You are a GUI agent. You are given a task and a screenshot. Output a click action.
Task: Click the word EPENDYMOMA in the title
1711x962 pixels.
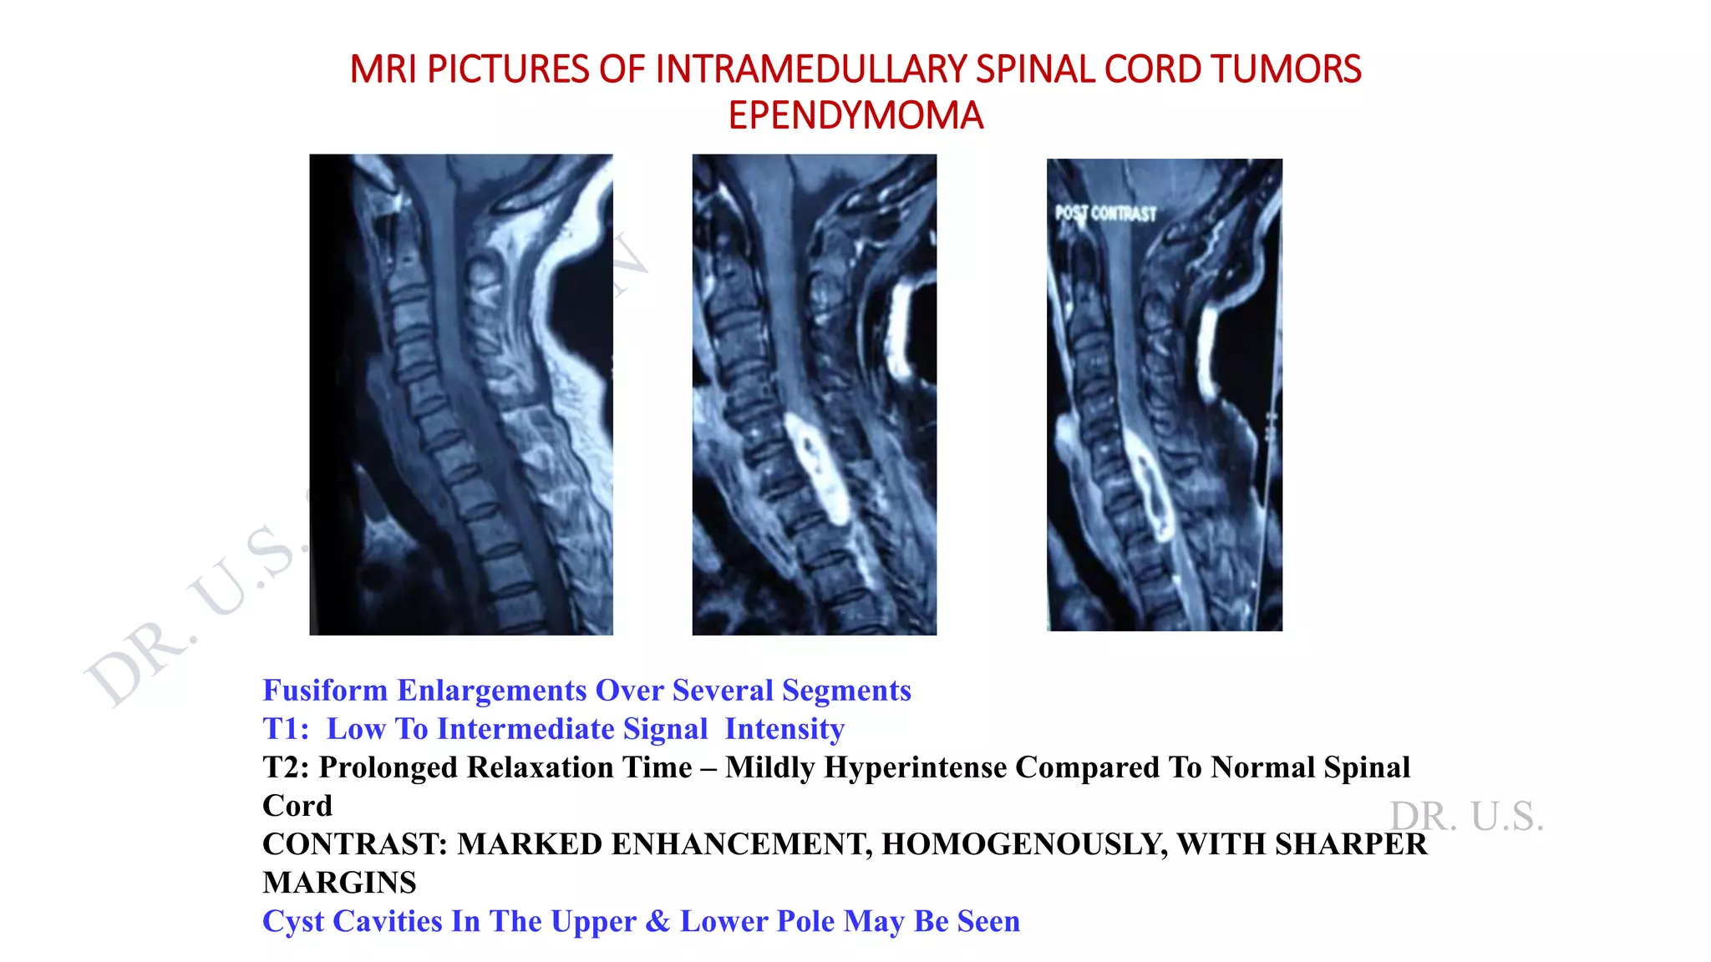pos(855,115)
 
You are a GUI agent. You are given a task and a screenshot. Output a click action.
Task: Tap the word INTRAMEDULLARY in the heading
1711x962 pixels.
pos(812,69)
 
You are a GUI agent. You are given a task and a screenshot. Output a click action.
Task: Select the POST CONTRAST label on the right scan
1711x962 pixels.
pos(1105,213)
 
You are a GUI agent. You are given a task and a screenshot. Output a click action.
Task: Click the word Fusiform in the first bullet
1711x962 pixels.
pos(325,691)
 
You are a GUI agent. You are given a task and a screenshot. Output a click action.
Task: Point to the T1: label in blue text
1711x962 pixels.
pos(286,729)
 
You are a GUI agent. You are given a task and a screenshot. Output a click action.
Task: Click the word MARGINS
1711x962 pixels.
pos(339,883)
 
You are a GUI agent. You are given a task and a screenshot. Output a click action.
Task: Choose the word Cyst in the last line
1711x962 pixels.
pos(293,921)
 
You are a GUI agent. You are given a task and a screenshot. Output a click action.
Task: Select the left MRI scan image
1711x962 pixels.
pos(460,394)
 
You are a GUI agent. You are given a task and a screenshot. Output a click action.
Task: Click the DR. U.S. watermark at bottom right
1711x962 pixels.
pos(1466,816)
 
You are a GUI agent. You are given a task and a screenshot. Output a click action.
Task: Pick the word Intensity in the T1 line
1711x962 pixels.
pos(784,729)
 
